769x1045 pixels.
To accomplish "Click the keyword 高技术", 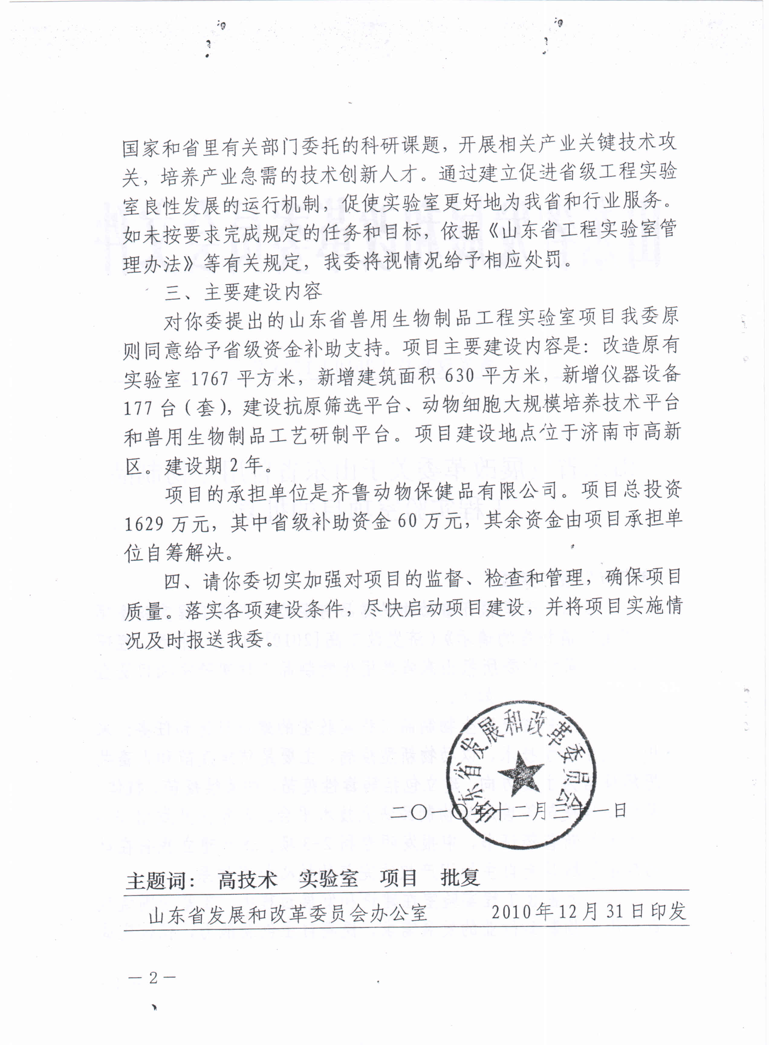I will coord(247,879).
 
